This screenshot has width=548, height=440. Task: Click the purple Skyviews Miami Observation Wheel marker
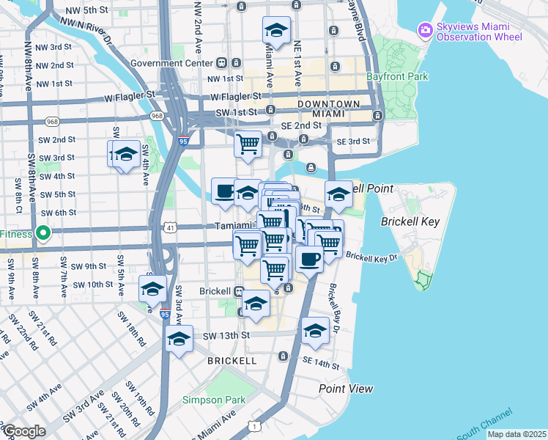(424, 31)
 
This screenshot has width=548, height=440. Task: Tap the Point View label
(345, 389)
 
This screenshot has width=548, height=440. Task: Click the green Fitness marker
(43, 235)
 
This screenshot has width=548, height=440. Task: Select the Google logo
(24, 431)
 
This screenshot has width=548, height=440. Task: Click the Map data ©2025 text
(516, 434)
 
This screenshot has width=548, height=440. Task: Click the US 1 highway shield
(253, 426)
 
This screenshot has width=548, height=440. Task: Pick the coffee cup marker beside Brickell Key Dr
(308, 259)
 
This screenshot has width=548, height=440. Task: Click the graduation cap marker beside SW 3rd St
(127, 155)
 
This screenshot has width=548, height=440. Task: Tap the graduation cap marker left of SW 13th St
(179, 339)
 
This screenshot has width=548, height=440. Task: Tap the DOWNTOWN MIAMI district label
(328, 109)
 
